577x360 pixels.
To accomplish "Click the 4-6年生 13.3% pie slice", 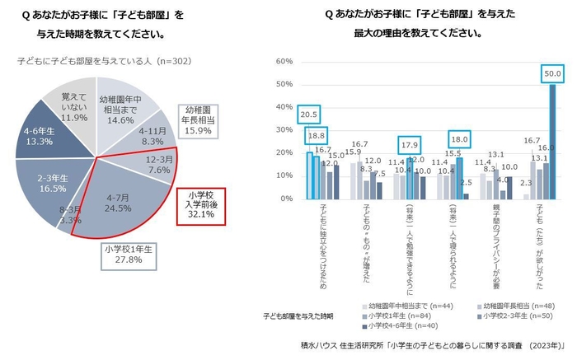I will click(x=39, y=135).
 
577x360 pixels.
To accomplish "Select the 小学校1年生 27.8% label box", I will click(x=131, y=254).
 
